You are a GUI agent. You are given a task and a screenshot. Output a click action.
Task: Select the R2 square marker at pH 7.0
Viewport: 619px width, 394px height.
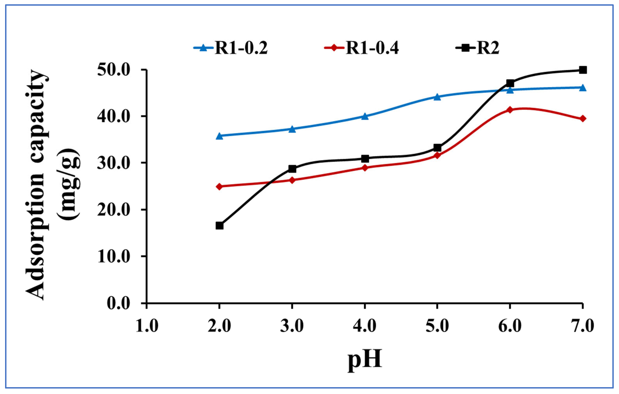pos(583,70)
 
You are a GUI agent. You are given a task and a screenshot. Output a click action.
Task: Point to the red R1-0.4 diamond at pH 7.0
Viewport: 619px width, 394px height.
pos(583,118)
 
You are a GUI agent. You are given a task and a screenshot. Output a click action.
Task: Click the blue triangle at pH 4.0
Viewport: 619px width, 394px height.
pos(365,117)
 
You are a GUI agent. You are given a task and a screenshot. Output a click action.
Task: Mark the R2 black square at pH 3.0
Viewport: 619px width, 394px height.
pos(292,169)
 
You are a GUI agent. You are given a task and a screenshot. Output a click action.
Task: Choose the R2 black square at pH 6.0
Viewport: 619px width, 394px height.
pos(510,83)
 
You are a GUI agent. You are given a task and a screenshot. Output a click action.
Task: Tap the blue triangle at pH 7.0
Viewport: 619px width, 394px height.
pos(583,88)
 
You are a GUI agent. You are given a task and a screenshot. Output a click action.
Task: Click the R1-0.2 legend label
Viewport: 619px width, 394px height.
pos(241,48)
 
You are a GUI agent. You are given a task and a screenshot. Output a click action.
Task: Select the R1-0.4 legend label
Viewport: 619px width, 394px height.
pos(372,48)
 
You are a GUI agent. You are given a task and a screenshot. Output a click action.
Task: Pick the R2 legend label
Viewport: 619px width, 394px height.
pos(488,48)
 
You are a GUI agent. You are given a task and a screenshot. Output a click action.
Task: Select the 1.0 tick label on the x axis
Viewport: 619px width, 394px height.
pos(147,326)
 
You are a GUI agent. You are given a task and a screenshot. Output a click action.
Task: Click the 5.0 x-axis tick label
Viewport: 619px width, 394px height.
pos(437,326)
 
